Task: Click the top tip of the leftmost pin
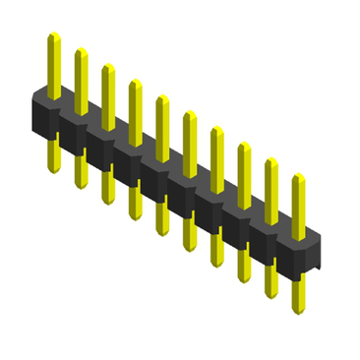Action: [54, 36]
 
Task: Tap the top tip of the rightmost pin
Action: [298, 177]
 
